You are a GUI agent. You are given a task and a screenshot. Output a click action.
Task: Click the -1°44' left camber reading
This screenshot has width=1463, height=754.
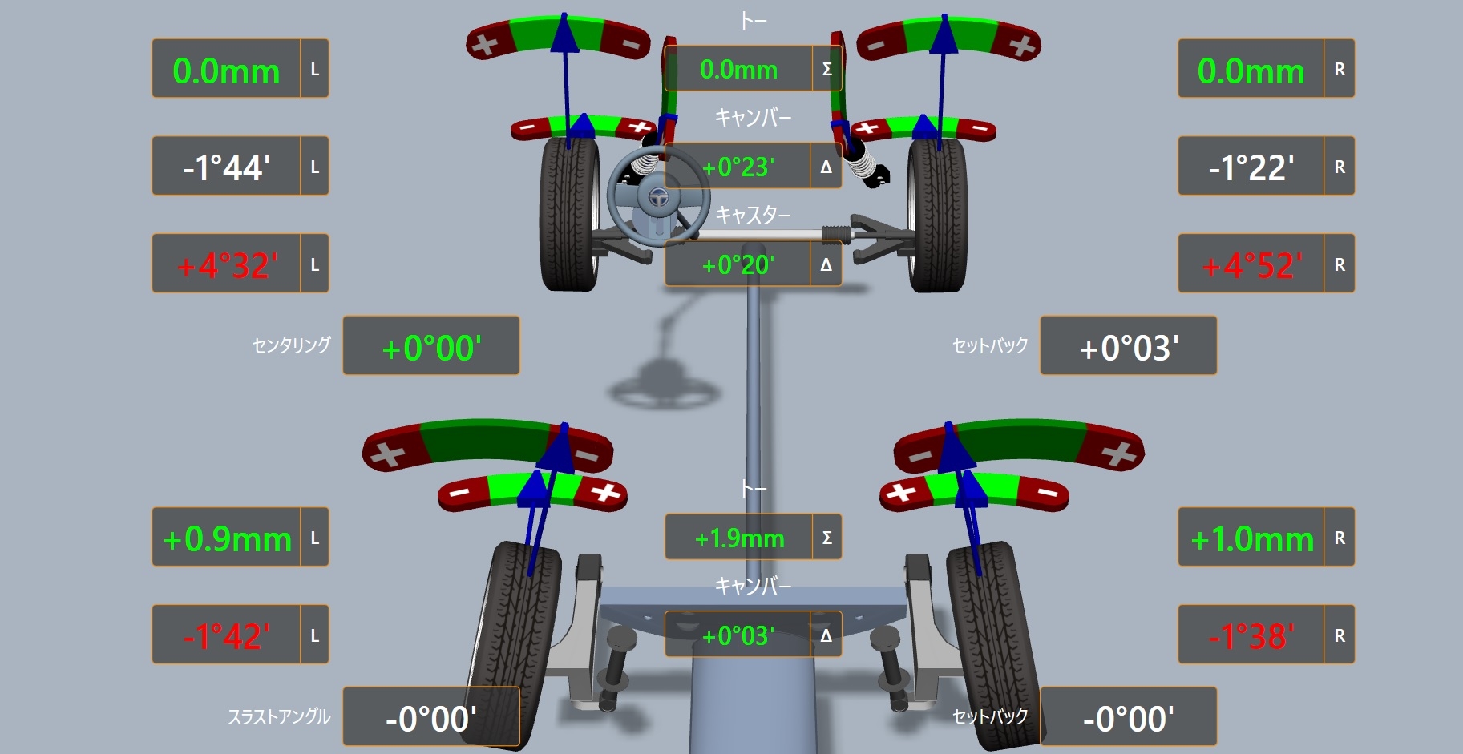pos(226,167)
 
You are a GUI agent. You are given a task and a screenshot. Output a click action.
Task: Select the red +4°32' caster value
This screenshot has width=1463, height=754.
pos(227,265)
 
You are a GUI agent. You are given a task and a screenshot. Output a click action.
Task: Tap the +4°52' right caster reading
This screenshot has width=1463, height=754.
pos(1252,265)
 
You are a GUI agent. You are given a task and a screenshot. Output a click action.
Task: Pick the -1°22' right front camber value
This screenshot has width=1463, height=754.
pos(1251,167)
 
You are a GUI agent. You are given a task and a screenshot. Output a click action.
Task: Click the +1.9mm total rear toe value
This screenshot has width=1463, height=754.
pos(739,538)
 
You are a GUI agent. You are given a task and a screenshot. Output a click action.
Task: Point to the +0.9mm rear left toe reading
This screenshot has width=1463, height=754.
pos(227,539)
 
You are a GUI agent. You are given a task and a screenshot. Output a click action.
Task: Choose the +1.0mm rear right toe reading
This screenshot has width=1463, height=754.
pos(1252,539)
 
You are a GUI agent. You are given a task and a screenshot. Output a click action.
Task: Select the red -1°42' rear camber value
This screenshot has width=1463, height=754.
pos(226,636)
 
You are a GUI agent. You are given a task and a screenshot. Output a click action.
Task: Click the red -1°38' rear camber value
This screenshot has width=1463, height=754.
pos(1251,636)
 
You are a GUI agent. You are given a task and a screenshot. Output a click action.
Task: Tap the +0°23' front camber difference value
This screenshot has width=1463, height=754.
pos(738,167)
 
